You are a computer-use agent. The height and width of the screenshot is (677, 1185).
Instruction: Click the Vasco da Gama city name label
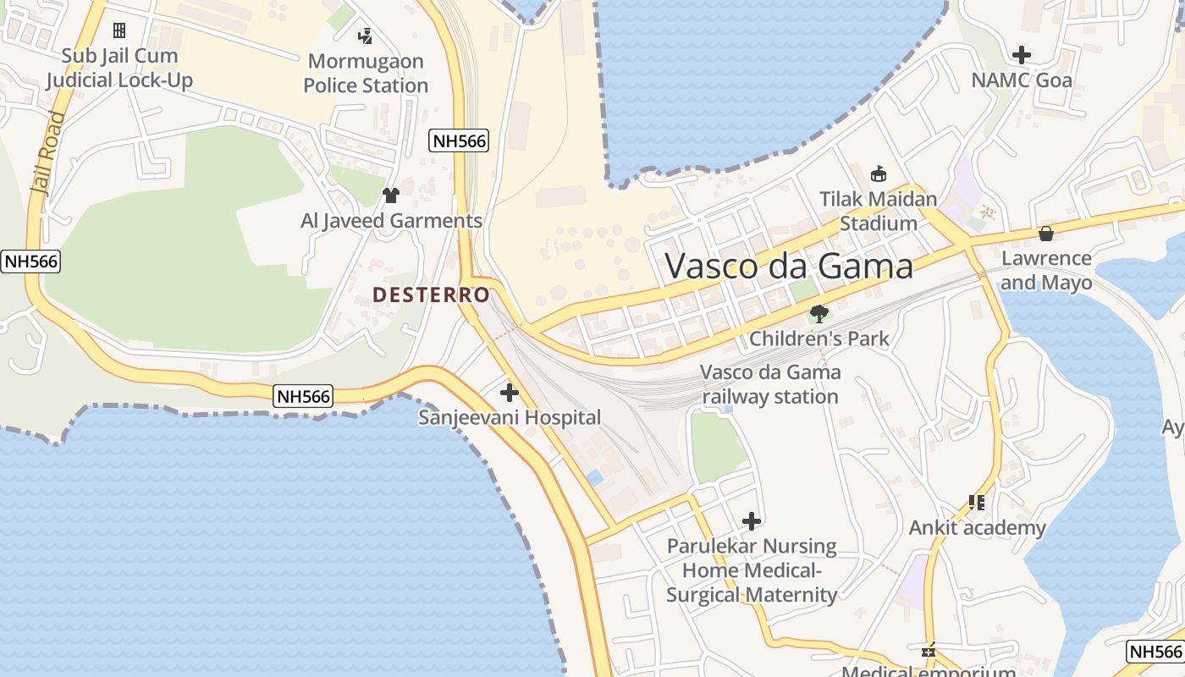click(789, 266)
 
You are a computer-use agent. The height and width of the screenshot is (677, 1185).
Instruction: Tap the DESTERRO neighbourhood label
click(431, 294)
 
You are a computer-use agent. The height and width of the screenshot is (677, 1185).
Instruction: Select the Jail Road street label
click(48, 153)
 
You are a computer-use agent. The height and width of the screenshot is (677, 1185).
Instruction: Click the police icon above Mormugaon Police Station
click(366, 36)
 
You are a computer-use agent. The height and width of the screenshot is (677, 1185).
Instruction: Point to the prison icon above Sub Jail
click(119, 30)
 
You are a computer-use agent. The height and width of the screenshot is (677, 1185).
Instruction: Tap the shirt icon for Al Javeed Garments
click(390, 195)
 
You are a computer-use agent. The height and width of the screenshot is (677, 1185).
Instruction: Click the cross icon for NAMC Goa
click(1022, 55)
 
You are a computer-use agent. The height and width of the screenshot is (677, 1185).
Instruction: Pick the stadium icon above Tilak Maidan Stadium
click(879, 174)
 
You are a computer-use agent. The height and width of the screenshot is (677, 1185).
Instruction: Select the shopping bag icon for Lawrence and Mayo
click(1046, 234)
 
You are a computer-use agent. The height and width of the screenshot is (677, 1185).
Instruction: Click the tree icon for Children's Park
click(818, 314)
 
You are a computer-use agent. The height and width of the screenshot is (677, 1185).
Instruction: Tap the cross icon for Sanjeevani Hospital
click(510, 393)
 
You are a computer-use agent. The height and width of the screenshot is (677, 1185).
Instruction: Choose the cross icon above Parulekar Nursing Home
click(751, 521)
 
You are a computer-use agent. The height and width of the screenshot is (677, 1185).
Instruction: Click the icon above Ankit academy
click(977, 503)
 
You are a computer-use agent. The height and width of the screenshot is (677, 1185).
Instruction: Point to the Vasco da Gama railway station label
click(770, 384)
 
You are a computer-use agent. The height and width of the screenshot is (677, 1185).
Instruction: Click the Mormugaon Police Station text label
click(366, 74)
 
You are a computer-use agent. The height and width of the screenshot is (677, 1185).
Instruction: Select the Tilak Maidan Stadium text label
click(879, 212)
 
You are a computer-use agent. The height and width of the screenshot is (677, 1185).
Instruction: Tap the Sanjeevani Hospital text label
click(510, 417)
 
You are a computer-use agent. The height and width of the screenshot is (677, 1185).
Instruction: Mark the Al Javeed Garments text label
click(391, 221)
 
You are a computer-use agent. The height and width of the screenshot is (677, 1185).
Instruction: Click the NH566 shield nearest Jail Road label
click(31, 261)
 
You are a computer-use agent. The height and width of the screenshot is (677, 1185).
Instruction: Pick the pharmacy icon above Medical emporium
click(929, 651)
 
